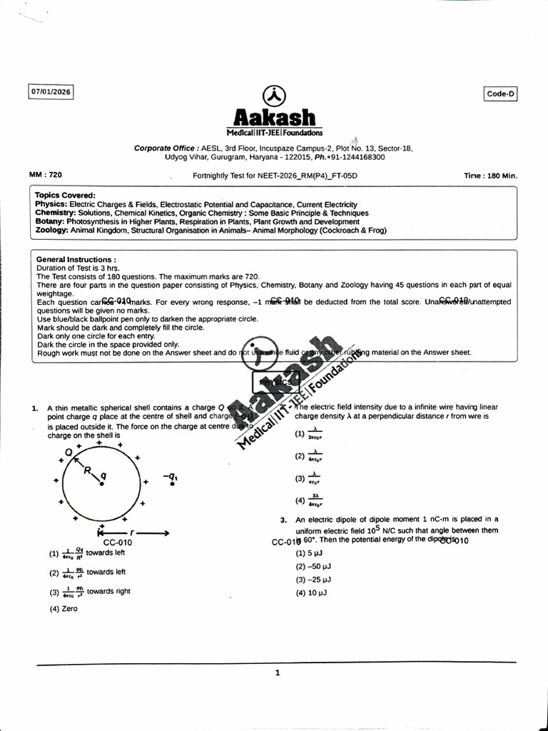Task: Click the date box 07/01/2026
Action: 51,91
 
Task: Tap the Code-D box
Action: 500,94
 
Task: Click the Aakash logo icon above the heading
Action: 275,96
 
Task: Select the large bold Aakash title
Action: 275,116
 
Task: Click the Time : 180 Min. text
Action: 490,175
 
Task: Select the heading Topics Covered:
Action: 65,195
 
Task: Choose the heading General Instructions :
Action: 76,260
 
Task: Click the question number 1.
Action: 34,408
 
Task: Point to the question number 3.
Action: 283,520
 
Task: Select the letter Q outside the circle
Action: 68,453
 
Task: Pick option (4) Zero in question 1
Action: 64,609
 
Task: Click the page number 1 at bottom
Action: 278,672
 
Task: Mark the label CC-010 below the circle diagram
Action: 118,543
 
